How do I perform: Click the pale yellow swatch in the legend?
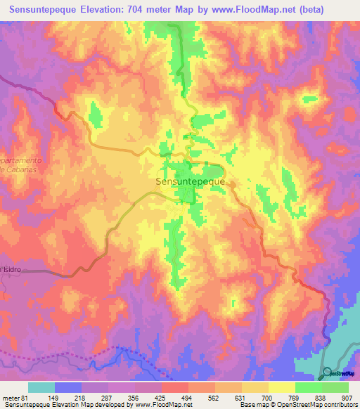pos(281,387)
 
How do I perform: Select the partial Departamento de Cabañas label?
pos(20,165)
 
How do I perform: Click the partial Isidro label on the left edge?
pos(11,269)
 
